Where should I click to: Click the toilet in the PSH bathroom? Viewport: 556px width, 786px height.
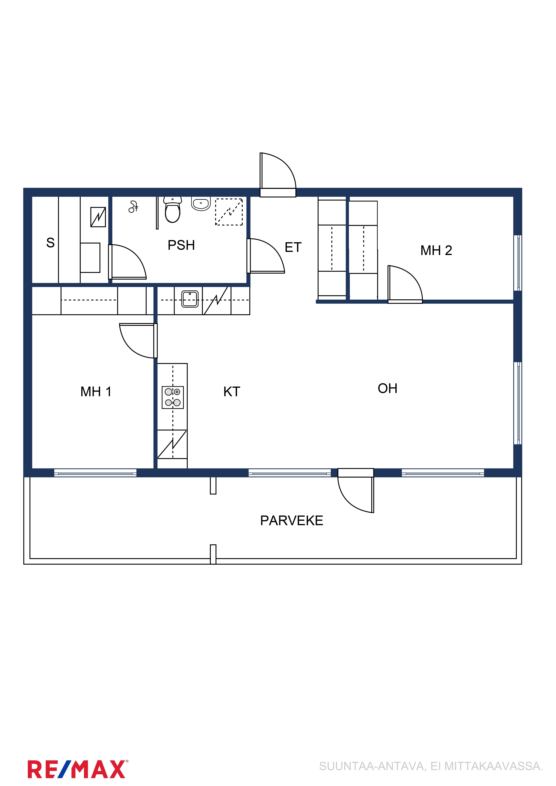tap(173, 210)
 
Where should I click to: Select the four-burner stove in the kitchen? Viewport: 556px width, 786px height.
tap(173, 397)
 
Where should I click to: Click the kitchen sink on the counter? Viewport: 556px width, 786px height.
tap(190, 299)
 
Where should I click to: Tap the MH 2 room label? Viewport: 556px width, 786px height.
tap(436, 250)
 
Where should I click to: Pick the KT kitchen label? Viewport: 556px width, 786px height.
tap(232, 392)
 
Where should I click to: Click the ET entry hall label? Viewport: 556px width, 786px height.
tap(293, 247)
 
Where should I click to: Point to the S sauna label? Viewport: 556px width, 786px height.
tap(50, 243)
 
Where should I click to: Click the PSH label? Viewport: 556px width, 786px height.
tap(181, 245)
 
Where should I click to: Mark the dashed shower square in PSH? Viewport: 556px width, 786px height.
tap(229, 212)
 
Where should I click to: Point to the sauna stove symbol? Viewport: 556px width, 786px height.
tap(98, 217)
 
